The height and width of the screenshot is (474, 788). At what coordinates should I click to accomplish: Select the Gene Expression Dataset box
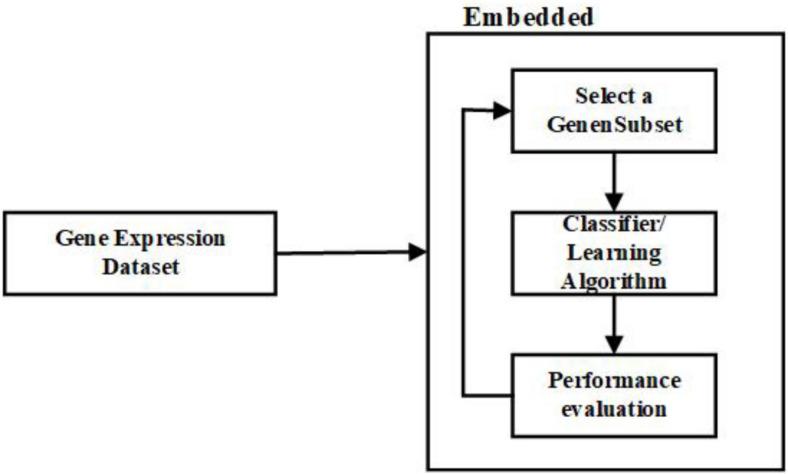(x=140, y=252)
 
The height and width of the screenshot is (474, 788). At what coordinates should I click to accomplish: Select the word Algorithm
(x=614, y=282)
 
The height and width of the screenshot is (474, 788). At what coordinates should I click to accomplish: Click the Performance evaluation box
(x=614, y=394)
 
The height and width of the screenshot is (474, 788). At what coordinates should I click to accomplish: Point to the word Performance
(x=614, y=382)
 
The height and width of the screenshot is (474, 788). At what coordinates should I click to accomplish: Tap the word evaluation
(x=614, y=408)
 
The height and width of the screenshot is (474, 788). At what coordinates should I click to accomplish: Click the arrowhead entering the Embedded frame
(x=418, y=253)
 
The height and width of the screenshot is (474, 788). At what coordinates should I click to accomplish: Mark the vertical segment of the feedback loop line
(x=463, y=250)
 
